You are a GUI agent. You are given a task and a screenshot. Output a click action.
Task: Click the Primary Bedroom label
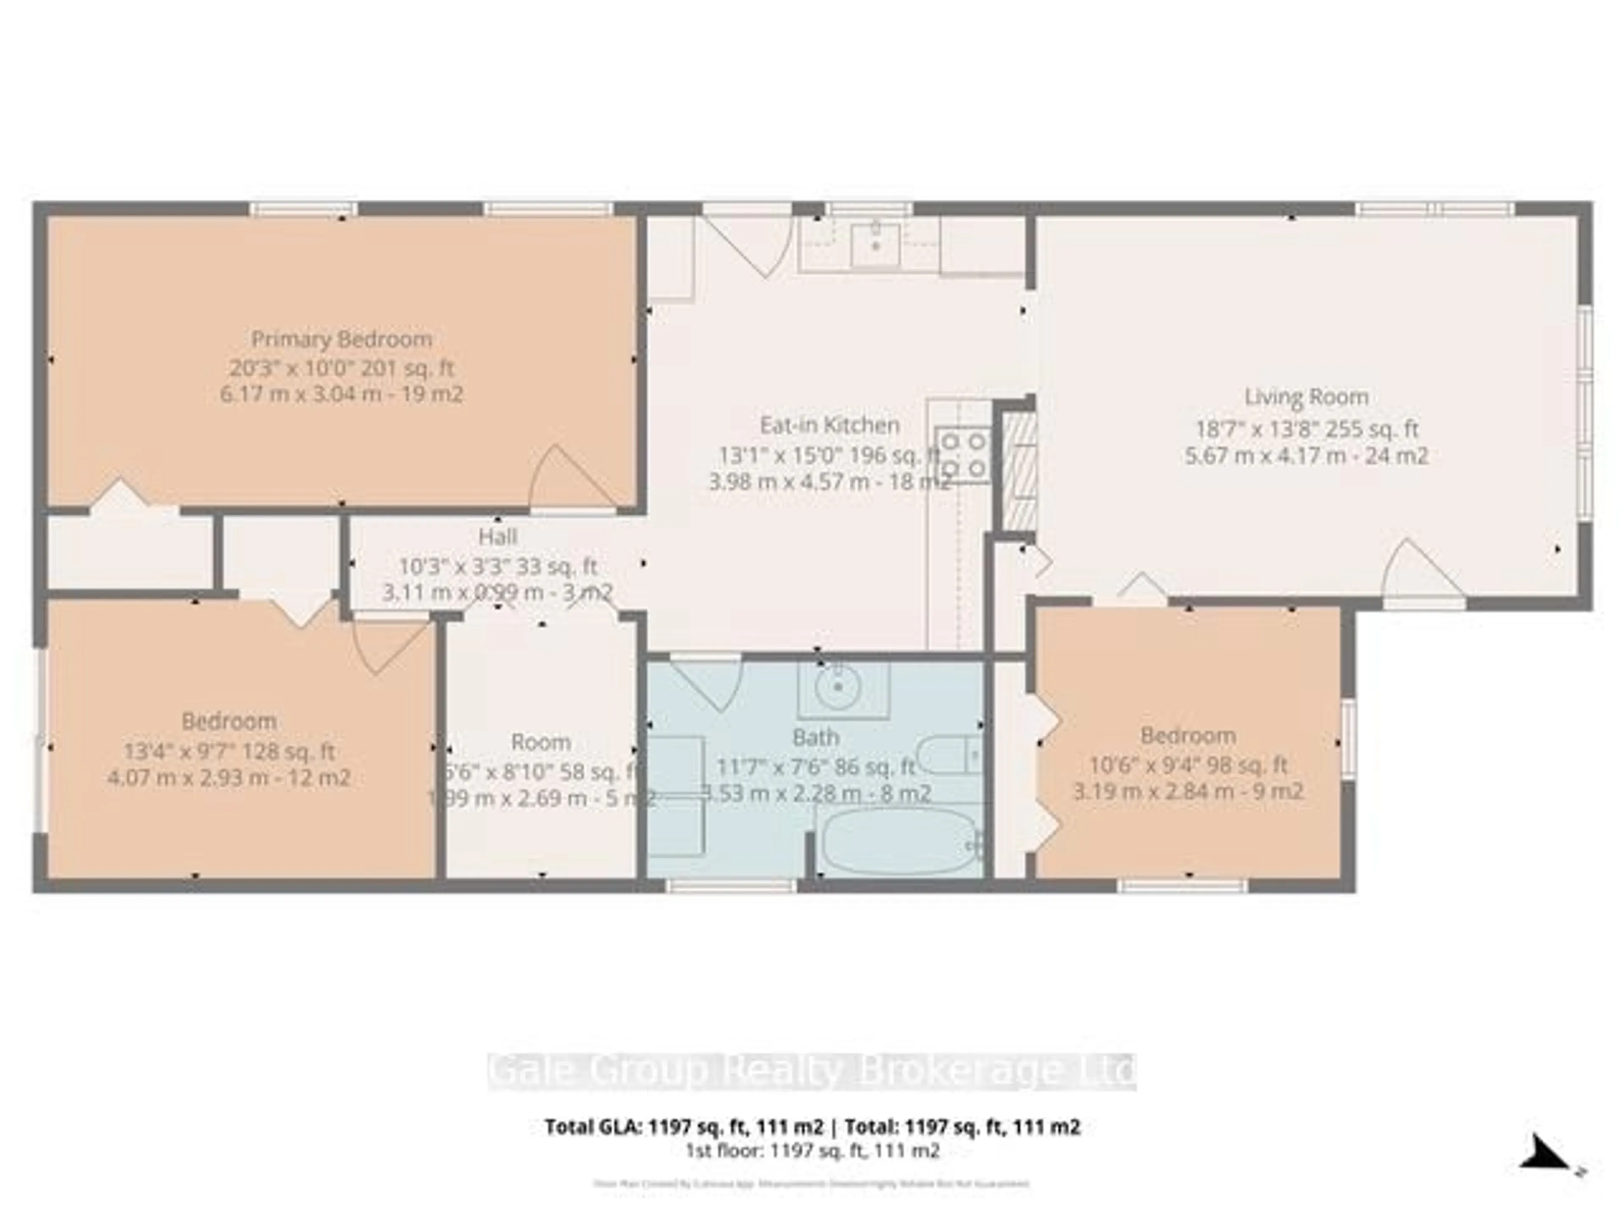341,339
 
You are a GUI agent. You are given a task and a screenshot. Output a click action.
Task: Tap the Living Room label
1306,397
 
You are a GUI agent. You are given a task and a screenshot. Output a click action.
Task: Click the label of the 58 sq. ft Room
541,742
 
